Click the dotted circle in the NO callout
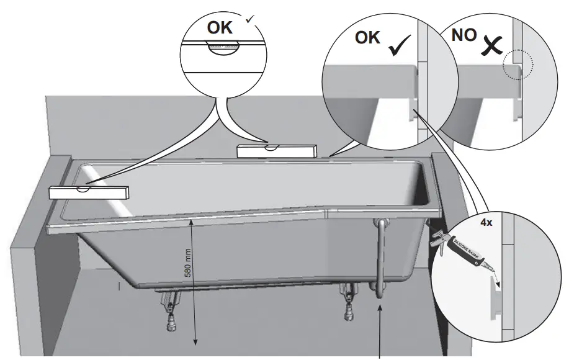click(x=517, y=65)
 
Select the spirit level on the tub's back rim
click(x=277, y=150)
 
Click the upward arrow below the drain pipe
click(x=380, y=329)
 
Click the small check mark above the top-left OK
click(x=250, y=20)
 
